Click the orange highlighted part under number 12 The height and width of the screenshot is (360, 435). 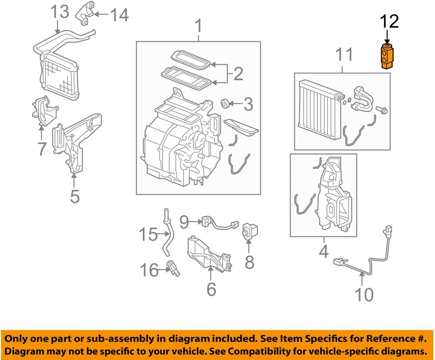(x=387, y=57)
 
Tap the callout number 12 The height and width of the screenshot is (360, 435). (x=389, y=21)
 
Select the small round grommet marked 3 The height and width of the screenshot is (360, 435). (x=225, y=104)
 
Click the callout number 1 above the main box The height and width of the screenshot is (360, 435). (x=198, y=26)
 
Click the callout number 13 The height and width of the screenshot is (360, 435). (x=60, y=12)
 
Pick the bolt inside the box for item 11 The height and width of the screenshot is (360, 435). (x=382, y=110)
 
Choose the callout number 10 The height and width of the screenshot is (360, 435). (x=364, y=295)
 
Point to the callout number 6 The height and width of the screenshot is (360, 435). (x=211, y=289)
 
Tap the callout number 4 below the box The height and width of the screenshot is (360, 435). (x=324, y=251)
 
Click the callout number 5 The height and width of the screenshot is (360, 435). (x=75, y=196)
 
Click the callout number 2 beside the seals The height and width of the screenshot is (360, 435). (x=238, y=74)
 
